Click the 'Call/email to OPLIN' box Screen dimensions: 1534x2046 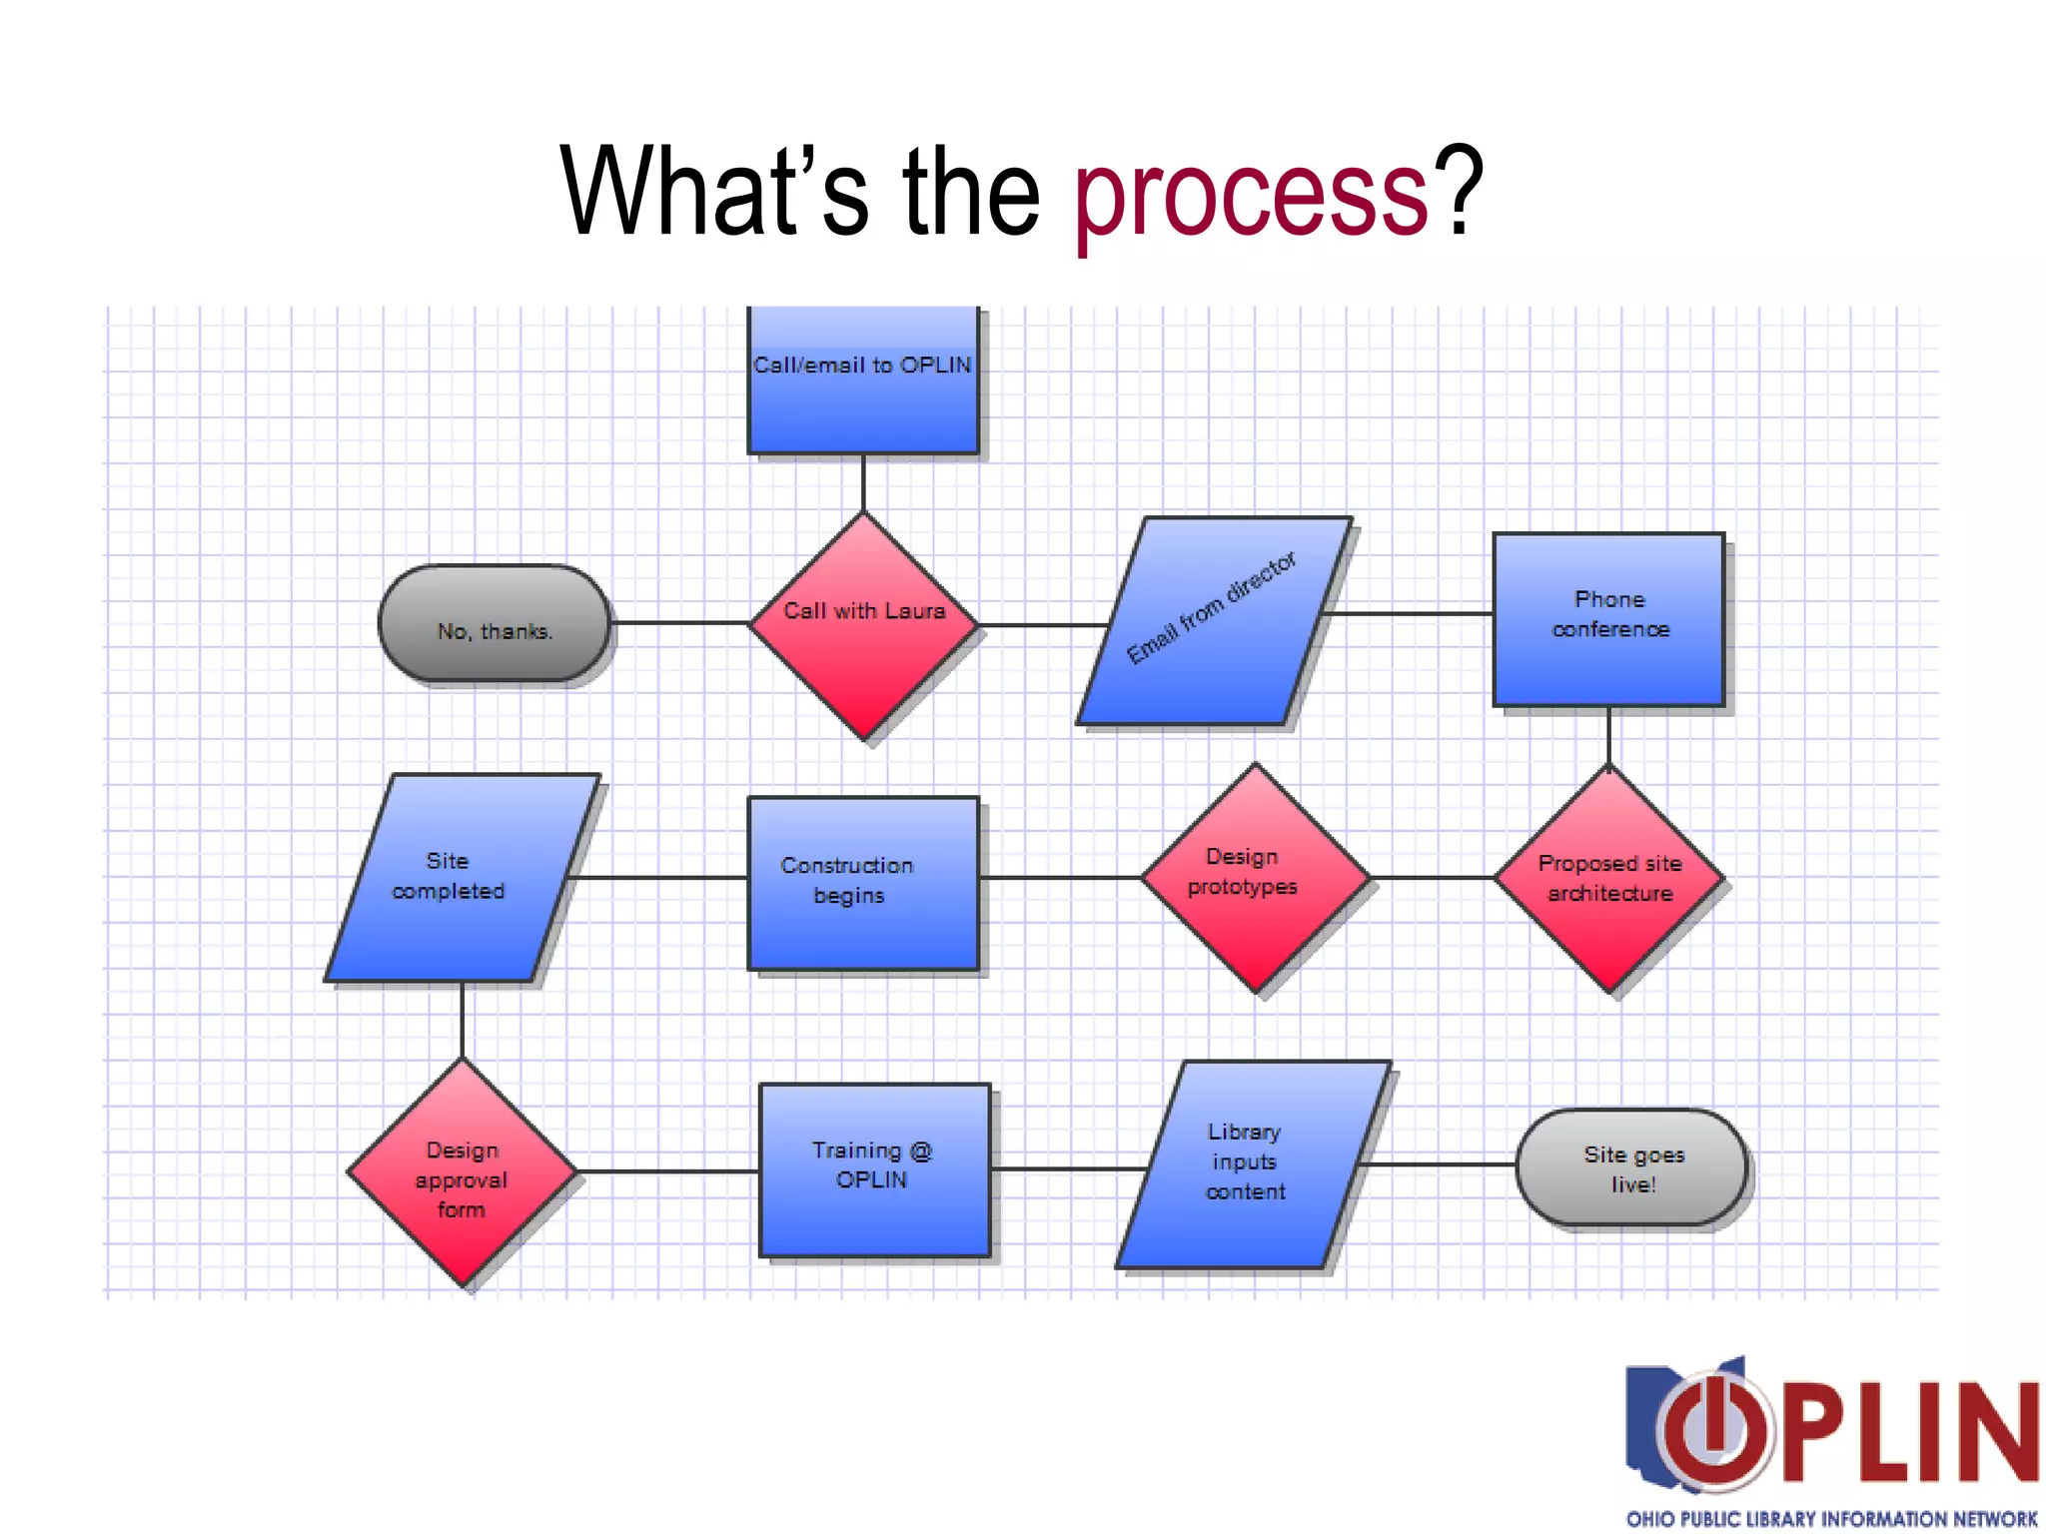pos(863,380)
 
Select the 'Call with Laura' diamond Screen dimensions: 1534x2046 pos(864,625)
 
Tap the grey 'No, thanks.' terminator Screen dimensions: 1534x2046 pos(495,624)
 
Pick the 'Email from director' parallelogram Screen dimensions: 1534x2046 pos(1214,620)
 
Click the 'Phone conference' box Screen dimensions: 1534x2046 pos(1608,619)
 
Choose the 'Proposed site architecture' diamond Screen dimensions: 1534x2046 pos(1609,879)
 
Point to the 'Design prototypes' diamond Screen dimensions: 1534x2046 pos(1256,878)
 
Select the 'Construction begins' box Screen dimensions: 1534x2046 pos(863,883)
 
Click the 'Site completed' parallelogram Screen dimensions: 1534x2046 pos(462,878)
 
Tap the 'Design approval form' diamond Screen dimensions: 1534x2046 pos(462,1172)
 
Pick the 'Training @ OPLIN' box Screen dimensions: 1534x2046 pos(874,1169)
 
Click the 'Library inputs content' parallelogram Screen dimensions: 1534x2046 pos(1253,1164)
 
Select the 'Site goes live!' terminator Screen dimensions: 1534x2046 pos(1631,1167)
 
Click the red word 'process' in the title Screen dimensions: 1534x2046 pos(1251,193)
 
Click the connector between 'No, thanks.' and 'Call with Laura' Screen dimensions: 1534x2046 pos(679,623)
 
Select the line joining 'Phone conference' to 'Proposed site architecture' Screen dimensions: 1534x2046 pos(1608,736)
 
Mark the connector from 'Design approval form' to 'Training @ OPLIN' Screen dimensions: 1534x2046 pos(667,1171)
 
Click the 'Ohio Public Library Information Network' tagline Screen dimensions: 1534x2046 pos(1830,1518)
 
